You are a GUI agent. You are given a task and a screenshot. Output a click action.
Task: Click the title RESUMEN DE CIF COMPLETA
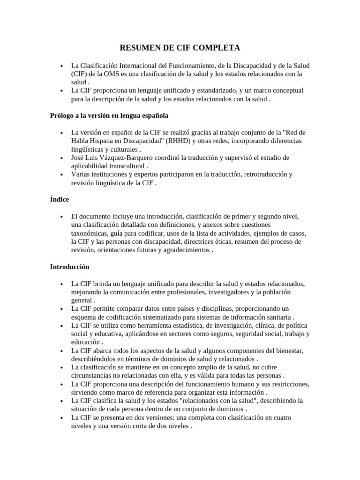[180, 48]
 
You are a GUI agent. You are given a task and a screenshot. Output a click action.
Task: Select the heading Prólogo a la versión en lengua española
[109, 115]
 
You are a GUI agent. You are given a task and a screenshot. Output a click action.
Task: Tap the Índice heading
[60, 199]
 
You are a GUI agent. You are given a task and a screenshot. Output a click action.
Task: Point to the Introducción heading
[69, 267]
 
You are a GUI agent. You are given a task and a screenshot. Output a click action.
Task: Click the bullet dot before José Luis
[62, 157]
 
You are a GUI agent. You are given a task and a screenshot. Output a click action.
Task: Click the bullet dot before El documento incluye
[62, 217]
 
